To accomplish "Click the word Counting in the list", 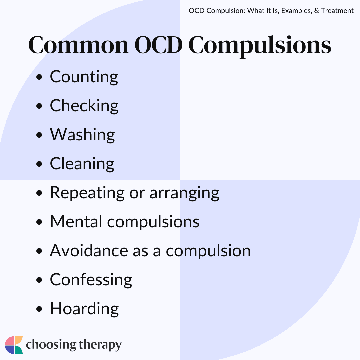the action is tap(84, 77).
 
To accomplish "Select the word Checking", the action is tap(84, 106).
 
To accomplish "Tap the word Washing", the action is tap(82, 135).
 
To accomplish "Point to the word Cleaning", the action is tap(82, 164).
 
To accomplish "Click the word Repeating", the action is tap(87, 193).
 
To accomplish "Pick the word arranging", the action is tap(184, 194).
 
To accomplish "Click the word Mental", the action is tap(76, 222).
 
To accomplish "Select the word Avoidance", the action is tap(89, 250).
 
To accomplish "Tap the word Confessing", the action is tap(91, 280).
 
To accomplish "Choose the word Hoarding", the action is tap(84, 309).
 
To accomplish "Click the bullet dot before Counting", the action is tap(39, 77).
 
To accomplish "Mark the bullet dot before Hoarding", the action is tap(39, 309).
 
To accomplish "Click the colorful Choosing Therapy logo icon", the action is tap(14, 345).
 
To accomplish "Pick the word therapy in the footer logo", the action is tap(100, 345).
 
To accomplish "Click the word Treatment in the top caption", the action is tap(337, 11).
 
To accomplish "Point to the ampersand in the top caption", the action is tap(316, 11).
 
